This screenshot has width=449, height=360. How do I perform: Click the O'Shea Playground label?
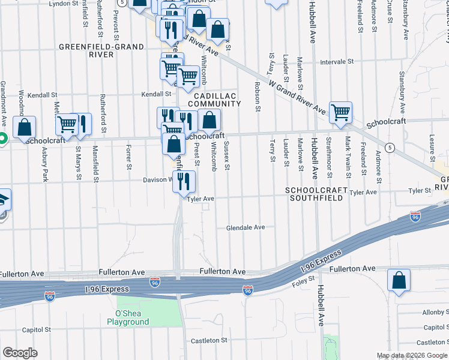128,317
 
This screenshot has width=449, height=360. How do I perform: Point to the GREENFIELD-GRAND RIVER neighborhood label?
101,50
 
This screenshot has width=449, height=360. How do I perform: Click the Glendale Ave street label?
245,227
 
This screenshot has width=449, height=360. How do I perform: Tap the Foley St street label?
303,280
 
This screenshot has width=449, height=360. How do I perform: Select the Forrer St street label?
128,154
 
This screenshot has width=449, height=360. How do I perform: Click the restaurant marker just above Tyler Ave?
184,181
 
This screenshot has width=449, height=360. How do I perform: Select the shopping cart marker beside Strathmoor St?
340,113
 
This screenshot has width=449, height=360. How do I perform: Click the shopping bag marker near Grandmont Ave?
25,127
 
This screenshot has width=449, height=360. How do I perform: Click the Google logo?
20,352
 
